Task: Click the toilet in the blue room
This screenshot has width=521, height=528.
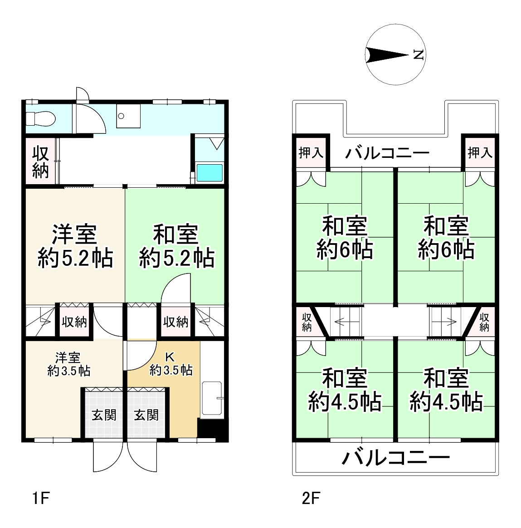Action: (x=39, y=119)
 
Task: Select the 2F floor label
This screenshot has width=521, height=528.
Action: (x=311, y=499)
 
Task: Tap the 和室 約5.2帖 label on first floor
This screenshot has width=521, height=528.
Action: (x=176, y=247)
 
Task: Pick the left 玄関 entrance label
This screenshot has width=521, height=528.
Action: (x=104, y=415)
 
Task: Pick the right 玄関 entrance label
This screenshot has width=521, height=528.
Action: (x=146, y=415)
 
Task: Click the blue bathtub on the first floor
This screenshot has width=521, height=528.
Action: (x=209, y=173)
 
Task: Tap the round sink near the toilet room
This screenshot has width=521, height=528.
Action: (x=121, y=116)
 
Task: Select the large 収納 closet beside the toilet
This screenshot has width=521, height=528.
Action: (x=40, y=162)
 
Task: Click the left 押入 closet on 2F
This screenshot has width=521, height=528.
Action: (x=311, y=153)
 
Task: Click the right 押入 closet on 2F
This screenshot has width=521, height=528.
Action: (x=480, y=153)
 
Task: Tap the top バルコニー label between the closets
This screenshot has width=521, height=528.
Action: (x=387, y=153)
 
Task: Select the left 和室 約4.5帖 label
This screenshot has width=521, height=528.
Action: (x=345, y=390)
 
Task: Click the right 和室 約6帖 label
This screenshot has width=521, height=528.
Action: (x=446, y=238)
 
